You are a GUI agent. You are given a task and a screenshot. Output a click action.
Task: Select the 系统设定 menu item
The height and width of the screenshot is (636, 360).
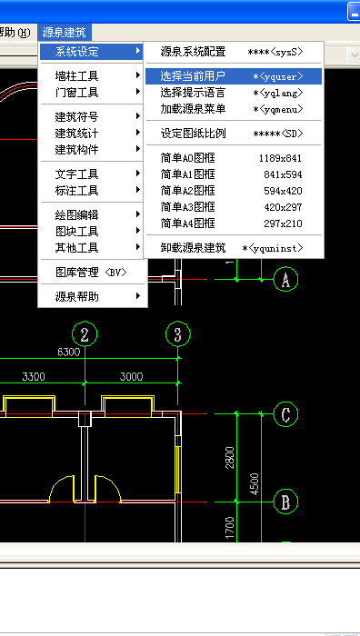tap(77, 52)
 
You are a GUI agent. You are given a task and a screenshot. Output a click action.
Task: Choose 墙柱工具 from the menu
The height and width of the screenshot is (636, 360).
tap(77, 76)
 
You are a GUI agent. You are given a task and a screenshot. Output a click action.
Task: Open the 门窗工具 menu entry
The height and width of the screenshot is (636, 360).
tap(77, 93)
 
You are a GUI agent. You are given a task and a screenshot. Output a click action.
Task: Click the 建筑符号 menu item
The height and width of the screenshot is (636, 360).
tap(77, 117)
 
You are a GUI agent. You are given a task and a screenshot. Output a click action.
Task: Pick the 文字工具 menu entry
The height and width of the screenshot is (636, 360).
tap(77, 174)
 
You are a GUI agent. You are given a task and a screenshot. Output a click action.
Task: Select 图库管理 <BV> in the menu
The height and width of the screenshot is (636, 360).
tap(90, 272)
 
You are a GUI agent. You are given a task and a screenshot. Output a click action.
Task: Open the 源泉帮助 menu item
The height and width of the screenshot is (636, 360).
tap(77, 296)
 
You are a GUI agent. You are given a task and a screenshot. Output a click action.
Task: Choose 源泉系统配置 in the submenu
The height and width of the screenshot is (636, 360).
tap(193, 52)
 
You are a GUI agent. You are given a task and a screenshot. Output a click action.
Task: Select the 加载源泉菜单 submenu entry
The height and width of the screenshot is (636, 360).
tap(193, 109)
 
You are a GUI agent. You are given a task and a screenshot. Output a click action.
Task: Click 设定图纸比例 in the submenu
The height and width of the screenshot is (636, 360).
tap(193, 134)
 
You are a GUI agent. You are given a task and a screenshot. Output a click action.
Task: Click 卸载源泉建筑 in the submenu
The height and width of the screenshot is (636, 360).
tap(193, 248)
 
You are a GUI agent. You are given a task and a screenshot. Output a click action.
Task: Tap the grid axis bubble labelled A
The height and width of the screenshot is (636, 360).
tap(285, 280)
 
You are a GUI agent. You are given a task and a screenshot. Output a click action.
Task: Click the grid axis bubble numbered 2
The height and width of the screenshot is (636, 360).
tap(85, 334)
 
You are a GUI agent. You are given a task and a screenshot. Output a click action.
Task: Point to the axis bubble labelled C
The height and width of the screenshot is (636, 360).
tap(285, 415)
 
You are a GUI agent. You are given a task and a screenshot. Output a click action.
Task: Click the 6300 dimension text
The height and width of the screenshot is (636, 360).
tap(68, 352)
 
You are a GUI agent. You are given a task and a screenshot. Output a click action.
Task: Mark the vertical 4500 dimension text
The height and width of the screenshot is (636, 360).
tap(255, 482)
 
